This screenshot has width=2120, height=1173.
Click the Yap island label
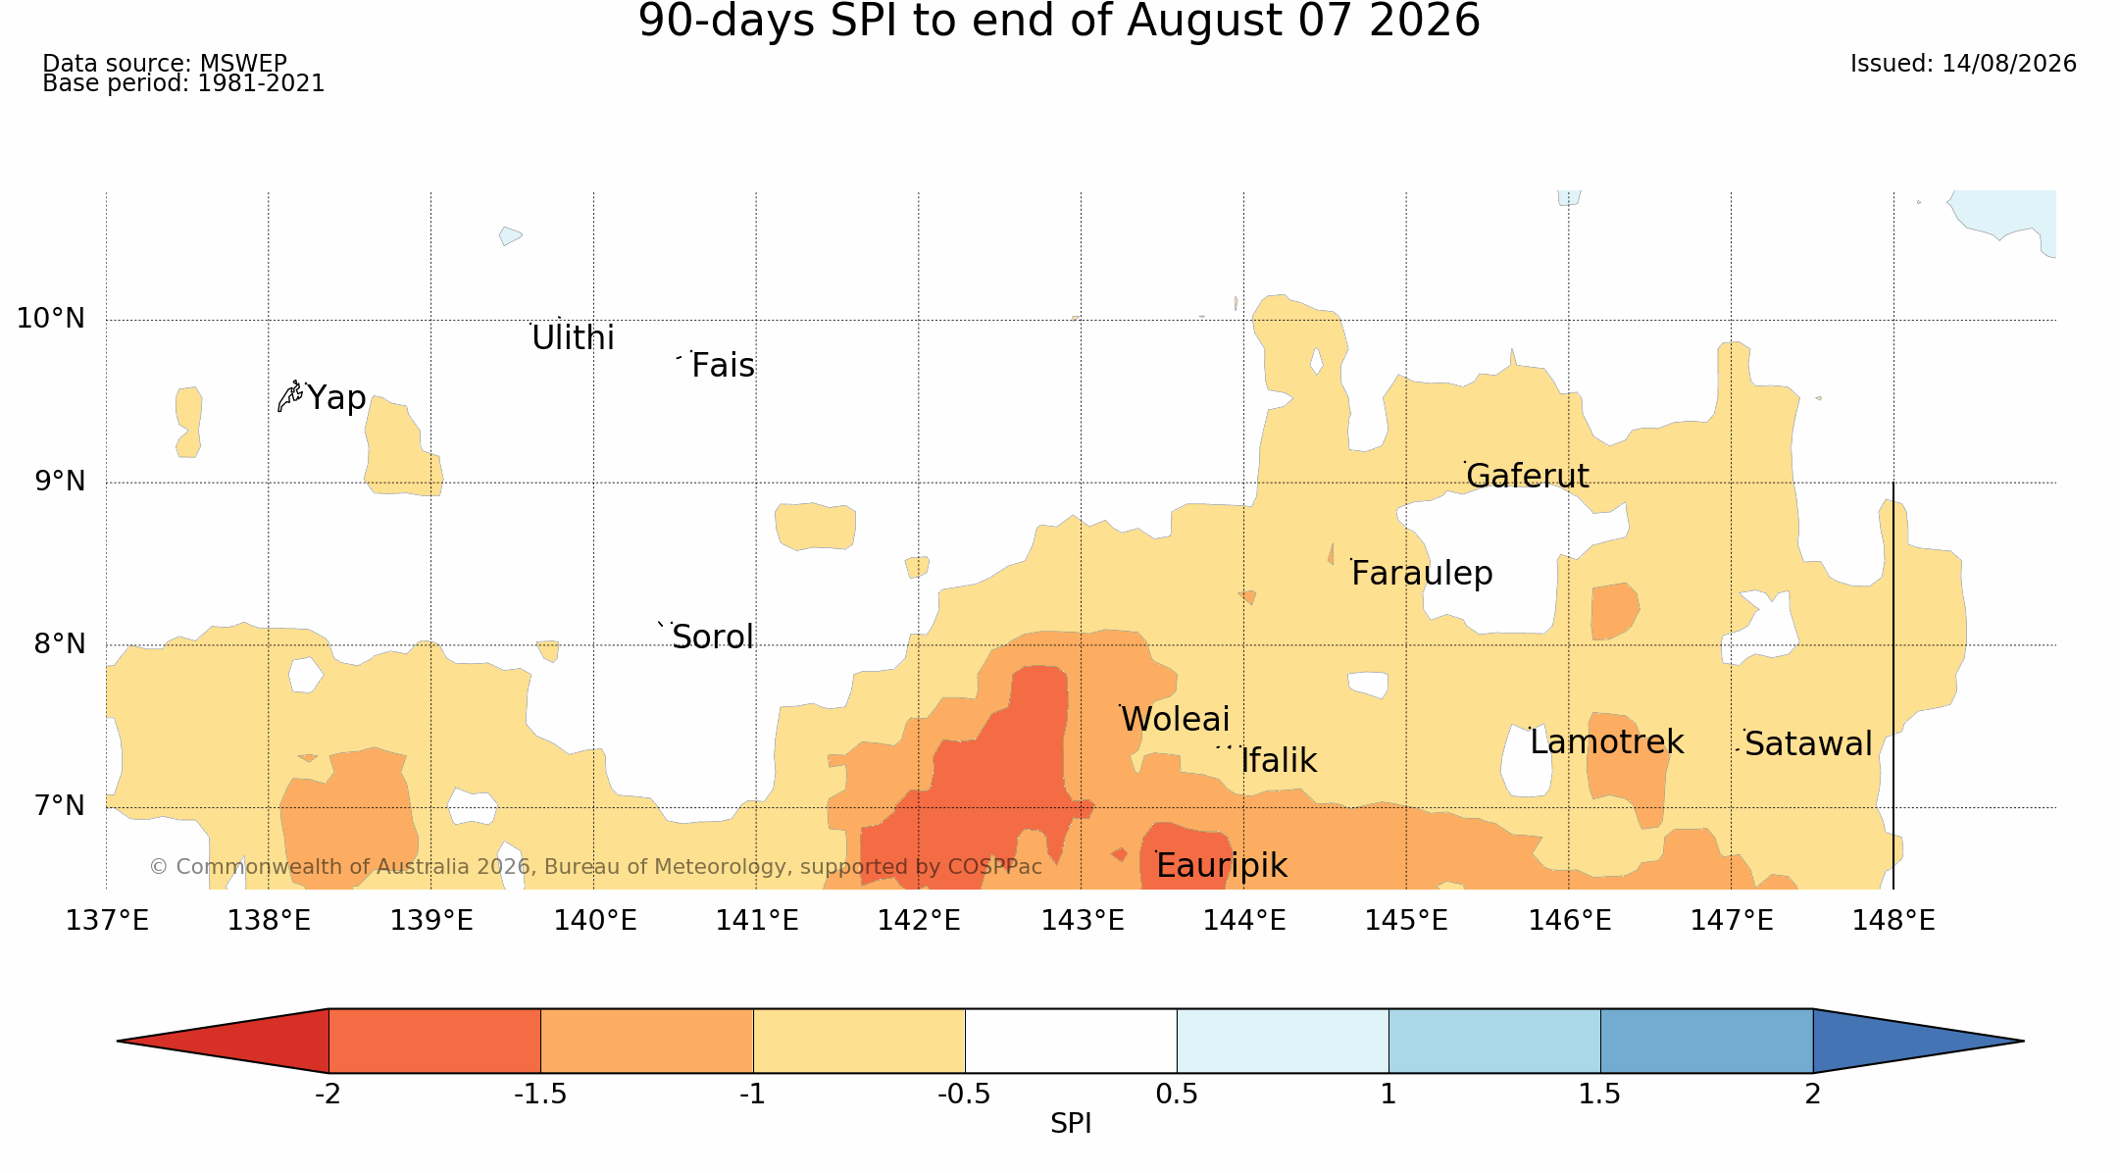[336, 398]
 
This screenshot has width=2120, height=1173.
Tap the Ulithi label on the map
[573, 338]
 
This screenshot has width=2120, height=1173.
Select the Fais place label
[723, 366]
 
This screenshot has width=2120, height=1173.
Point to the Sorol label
[713, 637]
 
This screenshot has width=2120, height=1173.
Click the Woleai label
[1175, 720]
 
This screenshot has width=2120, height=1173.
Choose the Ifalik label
[1279, 761]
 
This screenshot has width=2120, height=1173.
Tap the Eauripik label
[1221, 866]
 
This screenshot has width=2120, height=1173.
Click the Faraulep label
[1422, 574]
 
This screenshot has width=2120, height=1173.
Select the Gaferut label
[1527, 476]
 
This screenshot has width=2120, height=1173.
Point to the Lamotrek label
[1606, 742]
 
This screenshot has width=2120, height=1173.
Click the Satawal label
[1808, 744]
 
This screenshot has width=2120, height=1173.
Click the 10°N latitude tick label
[51, 319]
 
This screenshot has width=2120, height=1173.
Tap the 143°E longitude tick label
[1082, 921]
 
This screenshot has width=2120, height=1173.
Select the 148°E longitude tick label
[1893, 921]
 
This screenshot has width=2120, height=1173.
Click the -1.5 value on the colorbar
[540, 1095]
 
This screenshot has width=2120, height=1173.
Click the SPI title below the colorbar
[1071, 1124]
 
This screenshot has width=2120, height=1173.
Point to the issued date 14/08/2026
[2009, 64]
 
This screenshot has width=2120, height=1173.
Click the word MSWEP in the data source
[243, 64]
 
